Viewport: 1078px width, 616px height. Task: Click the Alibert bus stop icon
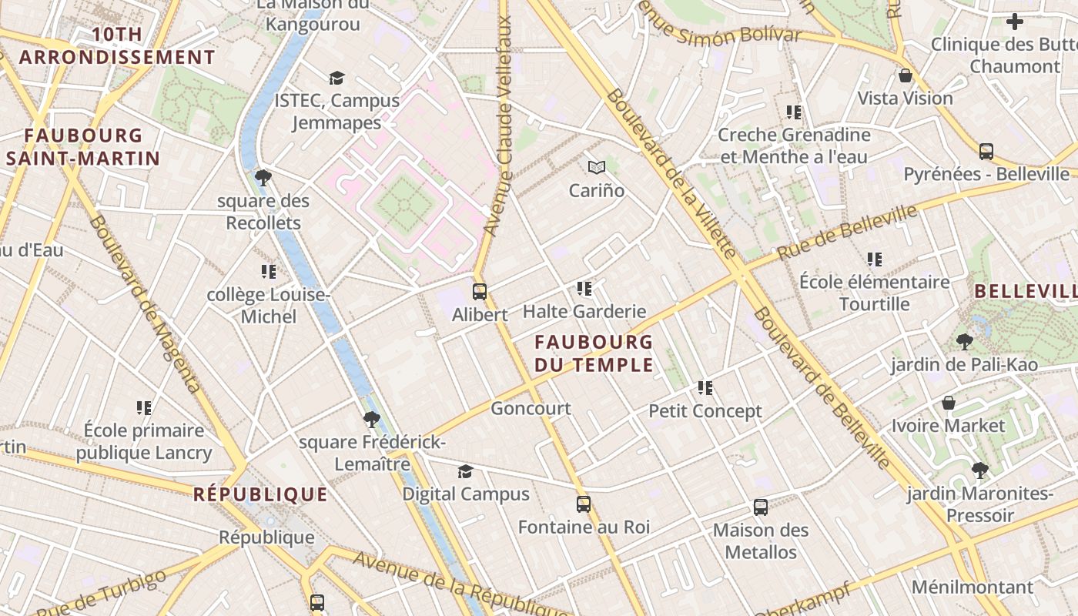tap(479, 292)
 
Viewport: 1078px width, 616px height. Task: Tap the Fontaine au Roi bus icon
tap(584, 504)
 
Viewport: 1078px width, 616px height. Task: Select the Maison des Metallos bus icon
tap(761, 507)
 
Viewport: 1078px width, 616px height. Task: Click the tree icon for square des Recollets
tap(263, 178)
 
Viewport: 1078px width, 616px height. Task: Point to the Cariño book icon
tap(597, 167)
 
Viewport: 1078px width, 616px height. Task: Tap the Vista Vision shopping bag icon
tap(906, 75)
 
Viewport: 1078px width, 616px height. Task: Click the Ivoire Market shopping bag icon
tap(949, 403)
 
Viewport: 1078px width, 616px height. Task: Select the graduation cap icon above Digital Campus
tap(465, 471)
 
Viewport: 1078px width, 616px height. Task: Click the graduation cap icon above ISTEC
tap(336, 78)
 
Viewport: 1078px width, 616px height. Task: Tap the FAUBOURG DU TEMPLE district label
tap(594, 353)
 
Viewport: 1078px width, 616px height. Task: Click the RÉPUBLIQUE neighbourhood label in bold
tap(260, 494)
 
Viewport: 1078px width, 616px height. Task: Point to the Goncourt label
tap(531, 408)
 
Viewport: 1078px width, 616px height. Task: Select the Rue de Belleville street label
tap(847, 232)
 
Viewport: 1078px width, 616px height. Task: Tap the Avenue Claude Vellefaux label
tap(497, 127)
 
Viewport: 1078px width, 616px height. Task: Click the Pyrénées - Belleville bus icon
tap(986, 151)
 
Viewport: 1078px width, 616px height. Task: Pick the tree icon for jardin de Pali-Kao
tap(964, 341)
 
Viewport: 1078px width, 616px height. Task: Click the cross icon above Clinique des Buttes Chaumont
tap(1015, 22)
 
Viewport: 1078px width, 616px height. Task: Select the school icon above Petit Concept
tap(705, 388)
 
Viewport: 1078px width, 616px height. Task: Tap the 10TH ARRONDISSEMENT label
tap(117, 45)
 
